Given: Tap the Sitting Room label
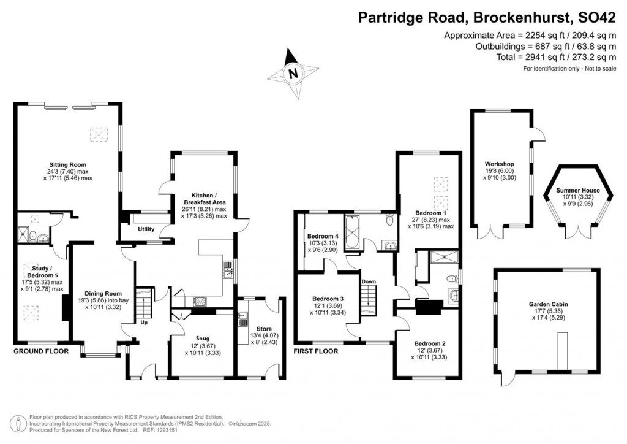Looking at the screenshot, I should pos(67,165).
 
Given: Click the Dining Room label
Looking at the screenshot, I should pos(100,293).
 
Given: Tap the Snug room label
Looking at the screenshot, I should pos(201,337).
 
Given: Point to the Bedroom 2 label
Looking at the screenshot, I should pos(428,343).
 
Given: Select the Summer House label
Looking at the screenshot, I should pos(578,191).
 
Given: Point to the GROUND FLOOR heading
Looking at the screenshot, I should pos(42,352).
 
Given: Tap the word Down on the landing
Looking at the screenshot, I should pos(369,281).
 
